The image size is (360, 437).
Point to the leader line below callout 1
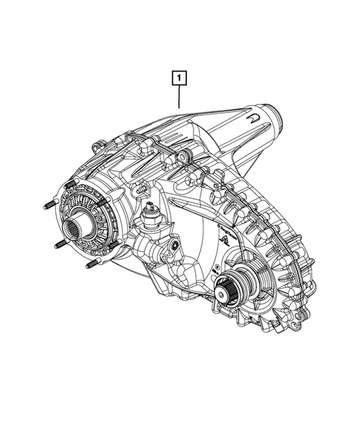pyautogui.click(x=180, y=96)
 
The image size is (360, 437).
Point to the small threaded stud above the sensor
pyautogui.click(x=138, y=190)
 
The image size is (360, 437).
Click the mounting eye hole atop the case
pyautogui.click(x=183, y=156)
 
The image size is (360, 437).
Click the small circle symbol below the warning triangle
pyautogui.click(x=215, y=264)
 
